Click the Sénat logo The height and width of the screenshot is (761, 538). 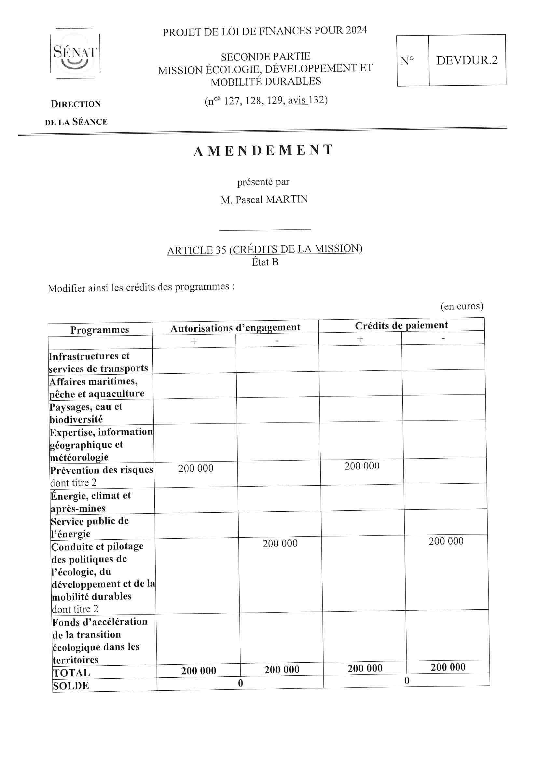tap(75, 53)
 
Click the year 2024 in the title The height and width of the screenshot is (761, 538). tap(356, 30)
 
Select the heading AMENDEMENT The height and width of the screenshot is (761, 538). tap(263, 150)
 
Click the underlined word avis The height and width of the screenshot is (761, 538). tap(297, 101)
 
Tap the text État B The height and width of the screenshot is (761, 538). tap(265, 262)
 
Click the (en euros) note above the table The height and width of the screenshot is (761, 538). tap(462, 306)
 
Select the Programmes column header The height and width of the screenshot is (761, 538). tap(100, 330)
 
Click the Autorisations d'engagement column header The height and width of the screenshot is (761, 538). tap(235, 328)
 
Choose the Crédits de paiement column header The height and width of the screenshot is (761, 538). tap(401, 325)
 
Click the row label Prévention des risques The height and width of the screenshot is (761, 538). tap(102, 470)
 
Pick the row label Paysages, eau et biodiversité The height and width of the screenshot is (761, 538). tap(86, 413)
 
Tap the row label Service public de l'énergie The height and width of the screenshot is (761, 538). tap(90, 527)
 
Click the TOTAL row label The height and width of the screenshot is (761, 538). tap(71, 673)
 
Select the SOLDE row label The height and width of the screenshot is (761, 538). tap(71, 685)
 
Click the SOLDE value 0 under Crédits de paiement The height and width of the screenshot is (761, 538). tap(407, 681)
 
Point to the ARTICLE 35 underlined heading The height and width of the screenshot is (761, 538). tap(265, 249)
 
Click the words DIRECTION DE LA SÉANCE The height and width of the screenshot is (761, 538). tap(76, 113)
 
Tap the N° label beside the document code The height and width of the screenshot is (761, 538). tap(407, 61)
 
